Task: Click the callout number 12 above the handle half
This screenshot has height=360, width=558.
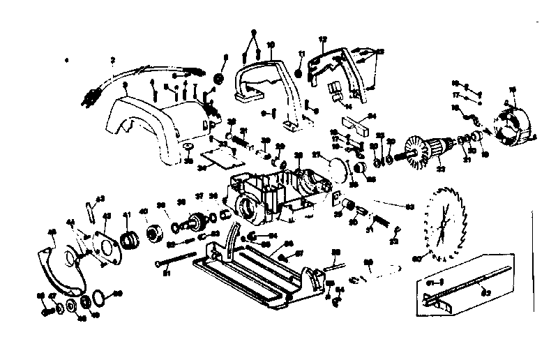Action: tap(322, 38)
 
